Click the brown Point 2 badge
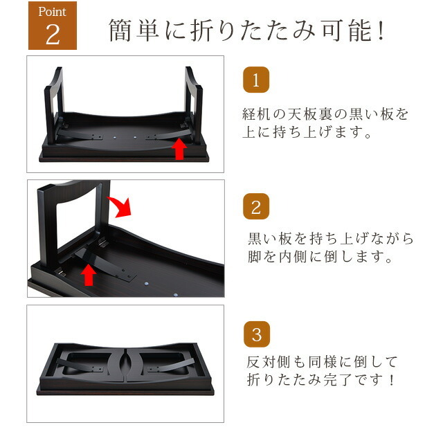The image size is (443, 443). pos(53,26)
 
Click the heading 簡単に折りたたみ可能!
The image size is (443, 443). pos(246,30)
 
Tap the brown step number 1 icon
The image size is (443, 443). pos(256,80)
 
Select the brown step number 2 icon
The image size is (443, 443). pos(256,206)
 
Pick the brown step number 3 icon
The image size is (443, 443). pos(257,334)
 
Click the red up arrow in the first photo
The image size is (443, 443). pos(179,150)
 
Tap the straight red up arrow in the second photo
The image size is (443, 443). pos(89,275)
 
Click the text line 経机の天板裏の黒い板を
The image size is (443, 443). pos(325,114)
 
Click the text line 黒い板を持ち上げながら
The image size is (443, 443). pos(331,239)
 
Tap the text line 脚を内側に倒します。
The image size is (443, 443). pos(320,257)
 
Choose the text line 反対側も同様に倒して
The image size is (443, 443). pos(322,362)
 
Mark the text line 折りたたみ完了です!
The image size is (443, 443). pos(320,380)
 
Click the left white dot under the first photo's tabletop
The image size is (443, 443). pos(115,137)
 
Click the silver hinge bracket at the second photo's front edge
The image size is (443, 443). pos(60,272)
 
